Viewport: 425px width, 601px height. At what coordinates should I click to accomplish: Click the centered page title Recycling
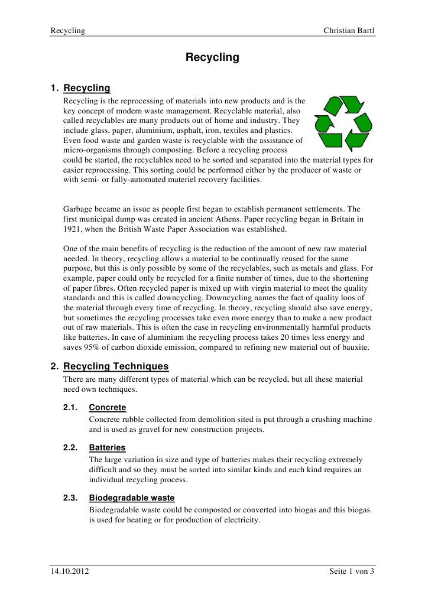click(212, 57)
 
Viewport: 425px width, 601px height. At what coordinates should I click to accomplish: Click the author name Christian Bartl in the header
click(349, 30)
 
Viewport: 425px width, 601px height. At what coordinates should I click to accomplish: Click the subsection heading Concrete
click(107, 408)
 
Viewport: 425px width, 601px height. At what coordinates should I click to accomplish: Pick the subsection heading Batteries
click(107, 448)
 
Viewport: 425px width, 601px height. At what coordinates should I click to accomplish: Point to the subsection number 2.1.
click(70, 408)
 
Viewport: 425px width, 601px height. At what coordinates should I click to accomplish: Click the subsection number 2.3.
click(70, 498)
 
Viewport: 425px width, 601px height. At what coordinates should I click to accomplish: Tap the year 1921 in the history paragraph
click(73, 229)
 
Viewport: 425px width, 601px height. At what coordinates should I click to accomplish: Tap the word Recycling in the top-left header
click(67, 30)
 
